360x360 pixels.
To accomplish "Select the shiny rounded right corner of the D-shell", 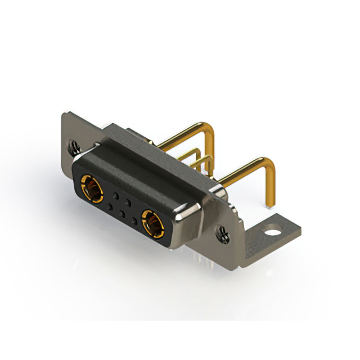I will (189, 217).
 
